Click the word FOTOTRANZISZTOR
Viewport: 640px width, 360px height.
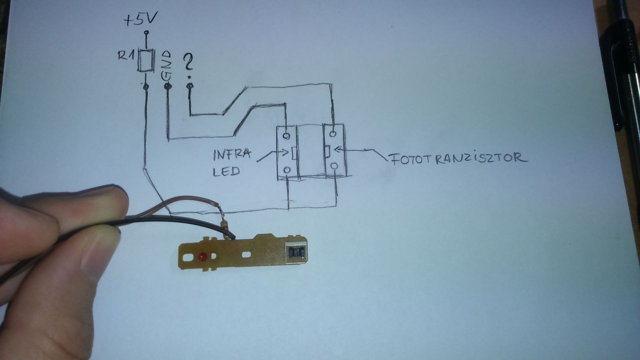pyautogui.click(x=457, y=159)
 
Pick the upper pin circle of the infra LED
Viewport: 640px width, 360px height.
pyautogui.click(x=286, y=135)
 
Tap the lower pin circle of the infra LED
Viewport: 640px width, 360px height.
pyautogui.click(x=286, y=170)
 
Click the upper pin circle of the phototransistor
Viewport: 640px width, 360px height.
pyautogui.click(x=332, y=133)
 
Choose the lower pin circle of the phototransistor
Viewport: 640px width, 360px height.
pyautogui.click(x=335, y=165)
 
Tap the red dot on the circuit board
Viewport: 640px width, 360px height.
pyautogui.click(x=202, y=257)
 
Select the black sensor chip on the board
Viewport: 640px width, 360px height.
pyautogui.click(x=297, y=252)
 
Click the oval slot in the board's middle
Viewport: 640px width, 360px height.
pyautogui.click(x=246, y=255)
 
